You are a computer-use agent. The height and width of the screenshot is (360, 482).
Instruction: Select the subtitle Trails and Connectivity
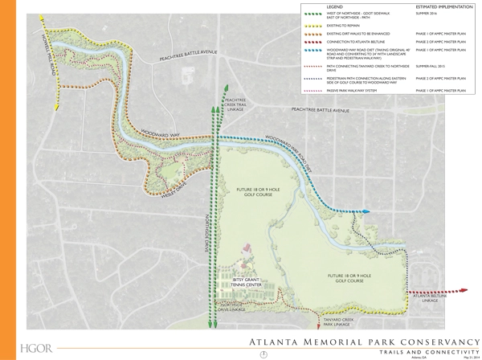pyautogui.click(x=419, y=351)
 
